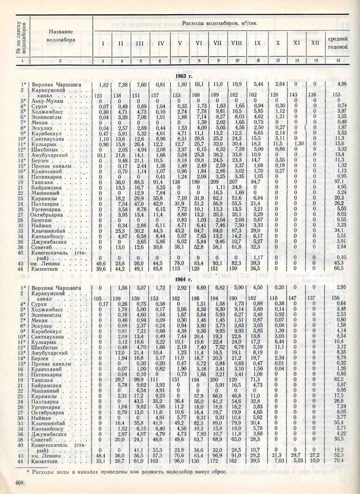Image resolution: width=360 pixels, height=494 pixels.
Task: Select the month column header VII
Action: pos(217,42)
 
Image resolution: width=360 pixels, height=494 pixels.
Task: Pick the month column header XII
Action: pos(314,42)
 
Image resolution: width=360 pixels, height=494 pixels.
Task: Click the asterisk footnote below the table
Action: pos(137,469)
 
